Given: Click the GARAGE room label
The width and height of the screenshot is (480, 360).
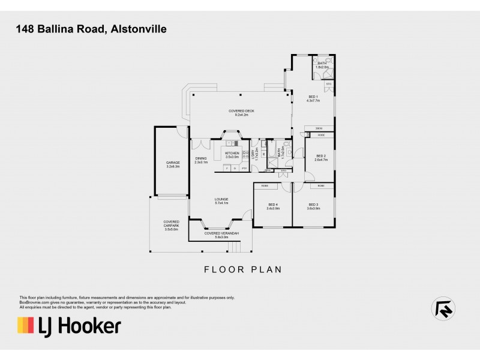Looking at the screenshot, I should point(173,163).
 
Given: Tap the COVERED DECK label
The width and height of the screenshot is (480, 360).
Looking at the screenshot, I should point(238,111).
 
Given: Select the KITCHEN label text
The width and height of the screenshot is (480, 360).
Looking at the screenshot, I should point(232,153).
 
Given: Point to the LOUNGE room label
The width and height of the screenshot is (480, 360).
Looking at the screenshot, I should point(222,199).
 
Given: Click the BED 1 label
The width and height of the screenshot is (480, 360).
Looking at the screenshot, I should point(313,97).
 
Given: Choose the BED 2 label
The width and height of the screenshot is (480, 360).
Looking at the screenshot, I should point(320,156).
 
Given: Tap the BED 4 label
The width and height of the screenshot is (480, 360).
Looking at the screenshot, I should point(274,204).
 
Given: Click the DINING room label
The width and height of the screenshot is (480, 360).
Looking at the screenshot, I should point(200,158).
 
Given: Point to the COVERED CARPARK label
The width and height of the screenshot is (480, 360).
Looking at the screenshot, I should point(172,223).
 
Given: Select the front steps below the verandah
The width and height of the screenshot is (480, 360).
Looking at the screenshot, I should point(234,246).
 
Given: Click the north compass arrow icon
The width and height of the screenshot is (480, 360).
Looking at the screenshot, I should point(443,308).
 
